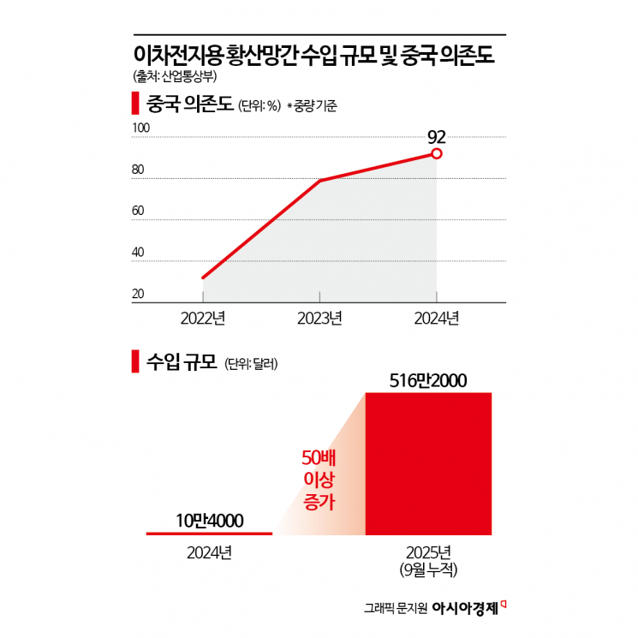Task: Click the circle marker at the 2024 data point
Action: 437,154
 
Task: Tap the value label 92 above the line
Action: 437,135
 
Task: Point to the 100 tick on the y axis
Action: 140,128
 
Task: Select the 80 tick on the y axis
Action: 138,170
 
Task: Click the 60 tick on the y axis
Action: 138,212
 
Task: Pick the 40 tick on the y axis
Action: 138,253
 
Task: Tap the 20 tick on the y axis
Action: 138,295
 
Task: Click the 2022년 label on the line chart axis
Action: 202,319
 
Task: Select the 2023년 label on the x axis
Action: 319,319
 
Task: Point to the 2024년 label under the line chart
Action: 437,319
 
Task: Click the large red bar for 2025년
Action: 428,463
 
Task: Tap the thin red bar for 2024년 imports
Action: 209,534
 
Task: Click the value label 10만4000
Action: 210,520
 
